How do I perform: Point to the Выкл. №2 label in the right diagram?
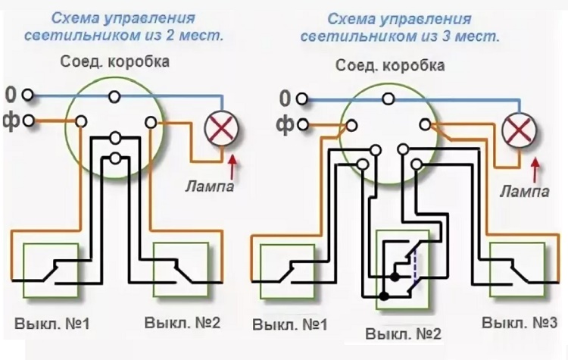[x=403, y=333]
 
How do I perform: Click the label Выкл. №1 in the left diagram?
[x=51, y=324]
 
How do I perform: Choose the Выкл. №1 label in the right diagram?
[x=290, y=325]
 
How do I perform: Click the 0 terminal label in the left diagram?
[x=10, y=95]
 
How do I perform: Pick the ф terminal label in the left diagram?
[x=10, y=120]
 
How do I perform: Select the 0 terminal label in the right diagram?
[x=285, y=98]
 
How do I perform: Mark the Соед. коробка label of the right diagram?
[x=390, y=66]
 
